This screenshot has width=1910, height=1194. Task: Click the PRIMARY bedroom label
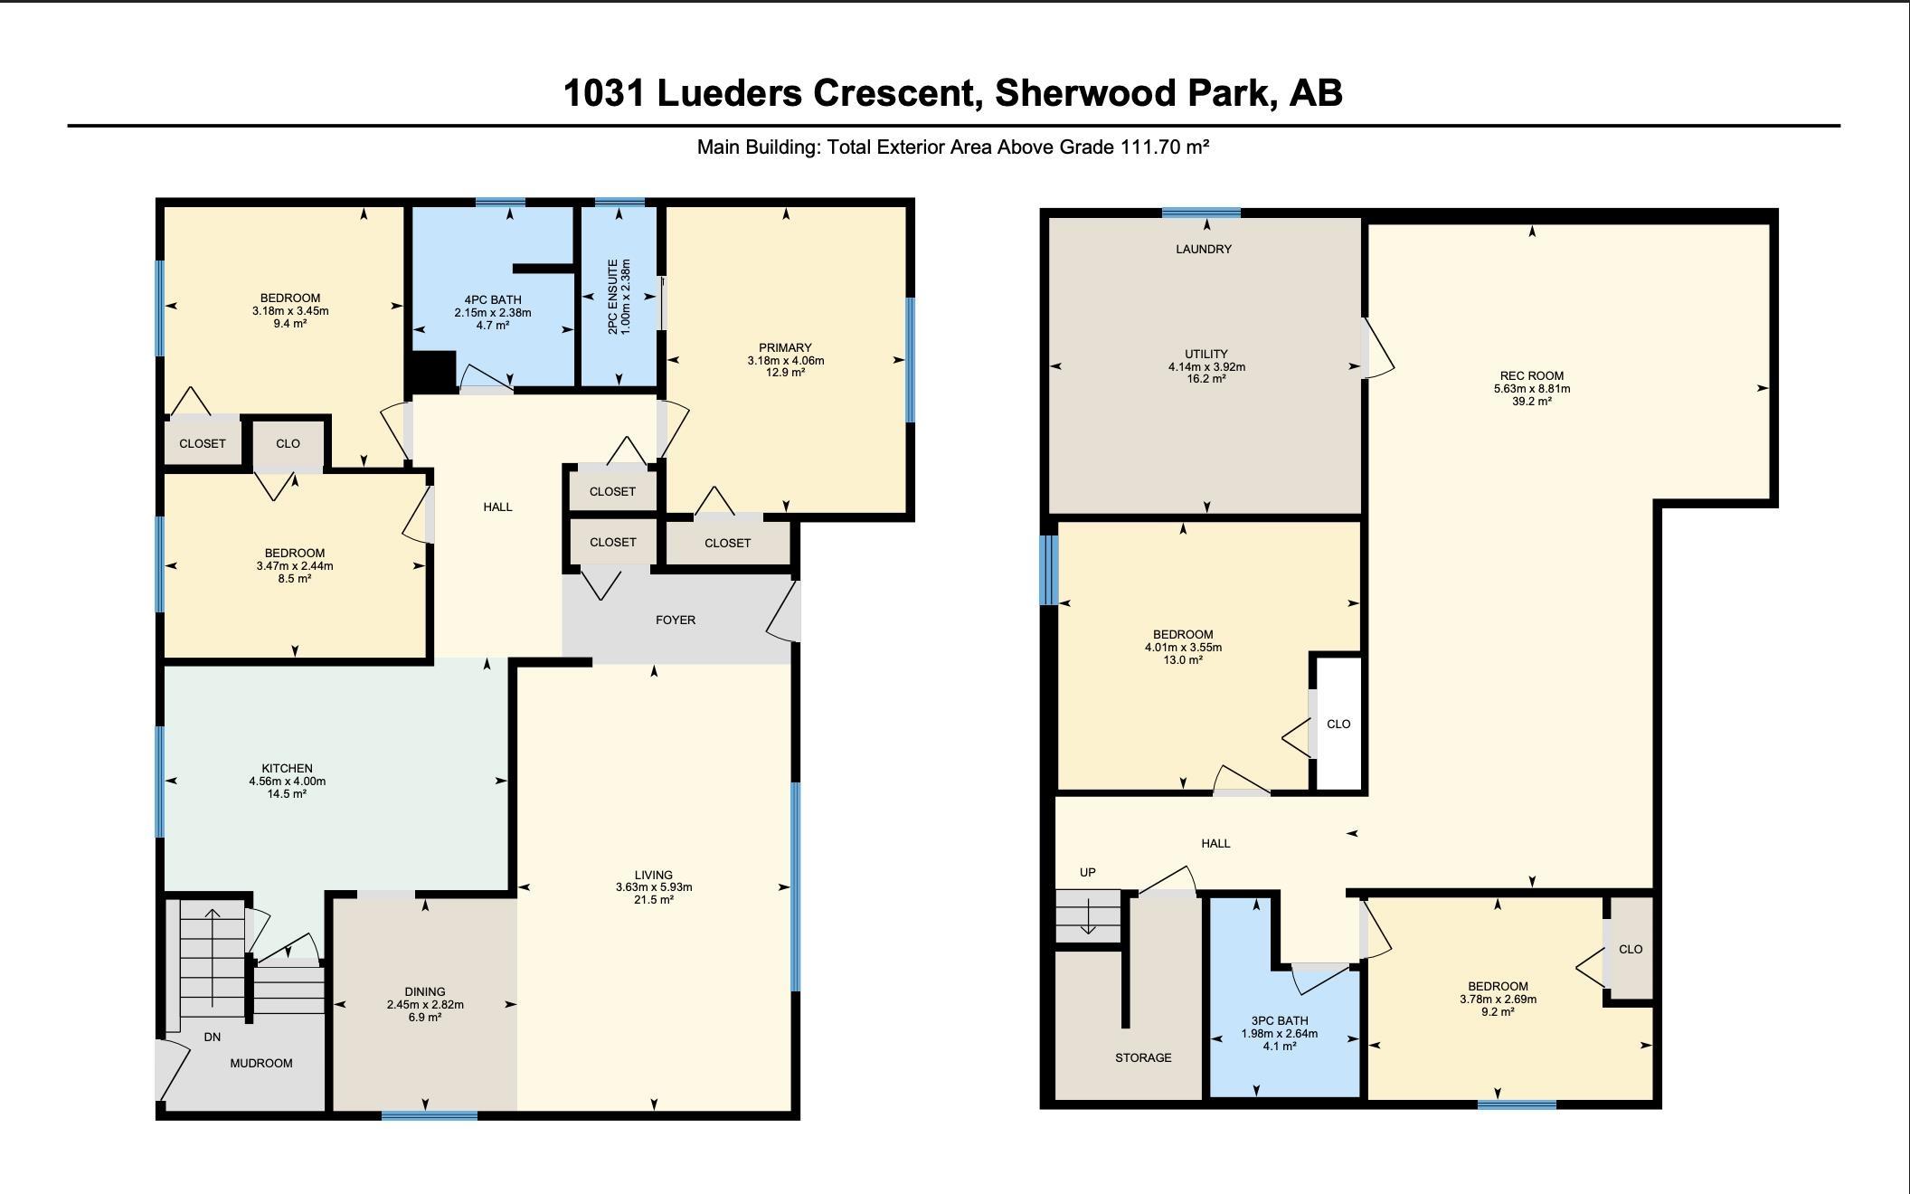tap(785, 347)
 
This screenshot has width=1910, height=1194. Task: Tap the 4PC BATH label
tap(493, 300)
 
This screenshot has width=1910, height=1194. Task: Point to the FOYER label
tap(676, 620)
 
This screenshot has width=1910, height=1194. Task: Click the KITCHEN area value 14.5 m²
tap(287, 794)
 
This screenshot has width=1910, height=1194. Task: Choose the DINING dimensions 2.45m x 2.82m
tap(425, 1004)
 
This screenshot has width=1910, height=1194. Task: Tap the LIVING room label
tap(654, 875)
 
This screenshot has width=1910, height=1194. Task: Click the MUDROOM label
tap(261, 1063)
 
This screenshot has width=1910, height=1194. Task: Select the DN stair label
tap(212, 1037)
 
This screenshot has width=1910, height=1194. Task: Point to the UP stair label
tap(1088, 873)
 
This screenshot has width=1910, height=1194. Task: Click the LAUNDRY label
tap(1204, 249)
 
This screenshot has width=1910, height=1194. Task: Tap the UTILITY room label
tap(1206, 354)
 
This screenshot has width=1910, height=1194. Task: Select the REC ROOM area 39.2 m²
tap(1532, 402)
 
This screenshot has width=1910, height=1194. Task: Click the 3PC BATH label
tap(1280, 1020)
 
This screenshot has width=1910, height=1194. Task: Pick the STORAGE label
tap(1143, 1057)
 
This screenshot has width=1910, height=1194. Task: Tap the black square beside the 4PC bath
tap(431, 371)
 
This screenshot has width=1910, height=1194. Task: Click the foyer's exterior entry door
tap(784, 611)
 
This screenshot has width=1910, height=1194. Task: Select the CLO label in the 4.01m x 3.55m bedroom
tap(1338, 724)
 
